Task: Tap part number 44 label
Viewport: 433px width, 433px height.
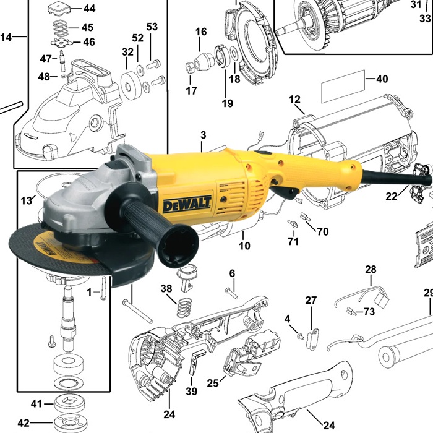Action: tap(89, 8)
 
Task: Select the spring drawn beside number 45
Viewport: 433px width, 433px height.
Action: tap(60, 28)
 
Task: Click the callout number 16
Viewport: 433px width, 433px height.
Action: tap(201, 32)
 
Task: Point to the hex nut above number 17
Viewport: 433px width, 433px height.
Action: tap(190, 67)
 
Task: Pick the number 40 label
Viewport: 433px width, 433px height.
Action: tap(382, 79)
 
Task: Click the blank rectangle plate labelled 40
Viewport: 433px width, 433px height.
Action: tap(343, 87)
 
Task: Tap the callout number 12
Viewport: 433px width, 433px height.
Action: tap(294, 100)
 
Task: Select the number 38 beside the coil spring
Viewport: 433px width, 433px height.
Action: tap(166, 289)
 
